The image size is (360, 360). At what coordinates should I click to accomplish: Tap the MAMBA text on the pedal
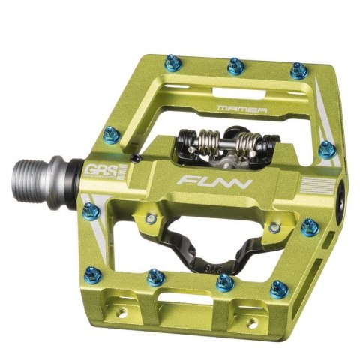pos(242,109)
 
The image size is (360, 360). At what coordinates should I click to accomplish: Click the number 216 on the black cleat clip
pos(211,268)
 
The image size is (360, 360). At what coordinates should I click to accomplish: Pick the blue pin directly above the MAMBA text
pos(235,65)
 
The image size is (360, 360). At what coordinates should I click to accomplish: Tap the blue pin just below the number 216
pos(225,283)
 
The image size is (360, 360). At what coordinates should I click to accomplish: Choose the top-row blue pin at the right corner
pos(298,70)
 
